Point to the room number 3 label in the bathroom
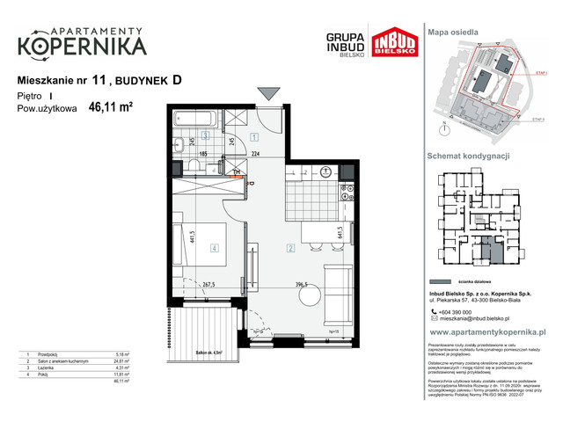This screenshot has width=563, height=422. coord(204,135)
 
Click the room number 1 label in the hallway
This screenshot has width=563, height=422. coord(252,136)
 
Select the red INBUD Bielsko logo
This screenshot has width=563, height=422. coord(392,44)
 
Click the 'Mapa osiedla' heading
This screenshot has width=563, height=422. coord(453,32)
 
